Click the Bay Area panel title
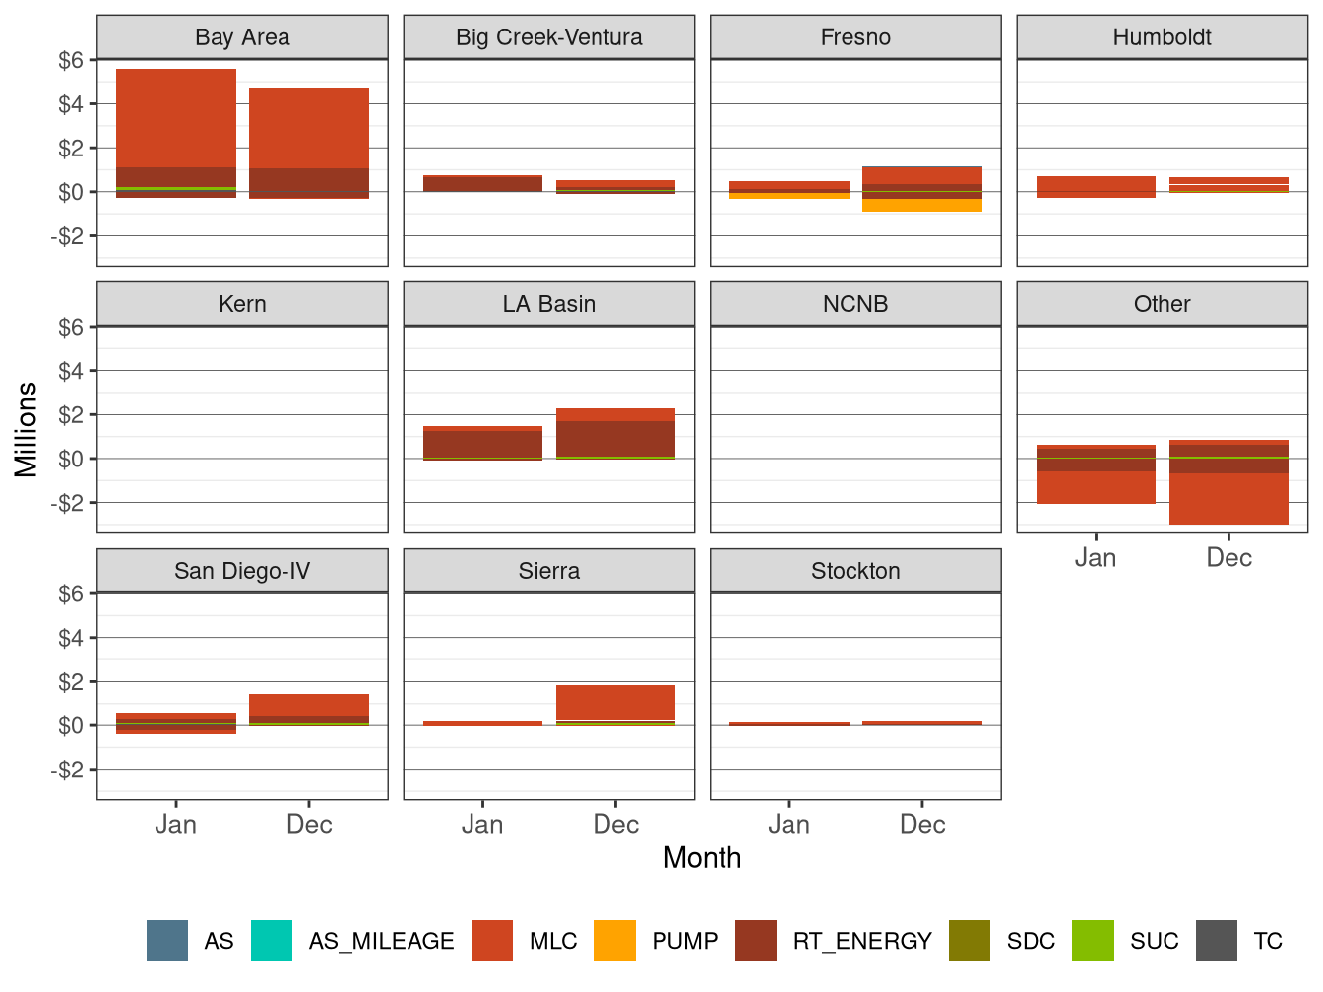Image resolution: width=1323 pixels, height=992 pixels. coord(242,37)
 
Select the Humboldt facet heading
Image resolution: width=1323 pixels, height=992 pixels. coord(1162,37)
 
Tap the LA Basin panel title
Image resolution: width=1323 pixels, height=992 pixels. coord(548,304)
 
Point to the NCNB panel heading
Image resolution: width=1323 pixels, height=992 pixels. coord(855,304)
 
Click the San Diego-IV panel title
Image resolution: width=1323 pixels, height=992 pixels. coord(242,571)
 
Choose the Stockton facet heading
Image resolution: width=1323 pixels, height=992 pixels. coord(855,571)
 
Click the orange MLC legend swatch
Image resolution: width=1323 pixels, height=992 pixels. coord(492,941)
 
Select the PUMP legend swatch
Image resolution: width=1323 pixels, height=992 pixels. coord(614,941)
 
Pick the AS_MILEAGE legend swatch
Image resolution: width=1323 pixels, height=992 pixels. coord(272,941)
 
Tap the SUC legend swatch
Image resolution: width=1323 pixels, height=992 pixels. coord(1093,941)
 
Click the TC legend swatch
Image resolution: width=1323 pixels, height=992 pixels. coord(1217,941)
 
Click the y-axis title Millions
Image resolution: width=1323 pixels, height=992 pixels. coord(27,429)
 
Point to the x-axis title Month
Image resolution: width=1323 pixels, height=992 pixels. coord(702,858)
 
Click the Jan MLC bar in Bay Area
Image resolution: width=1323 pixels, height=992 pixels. coord(176,118)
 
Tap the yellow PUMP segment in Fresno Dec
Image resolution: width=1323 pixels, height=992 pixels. coord(922,206)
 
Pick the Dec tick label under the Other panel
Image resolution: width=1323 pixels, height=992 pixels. coord(1228,558)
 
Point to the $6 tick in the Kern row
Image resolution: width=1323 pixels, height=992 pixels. coord(71,328)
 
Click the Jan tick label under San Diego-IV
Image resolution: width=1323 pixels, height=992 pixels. coord(176,825)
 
